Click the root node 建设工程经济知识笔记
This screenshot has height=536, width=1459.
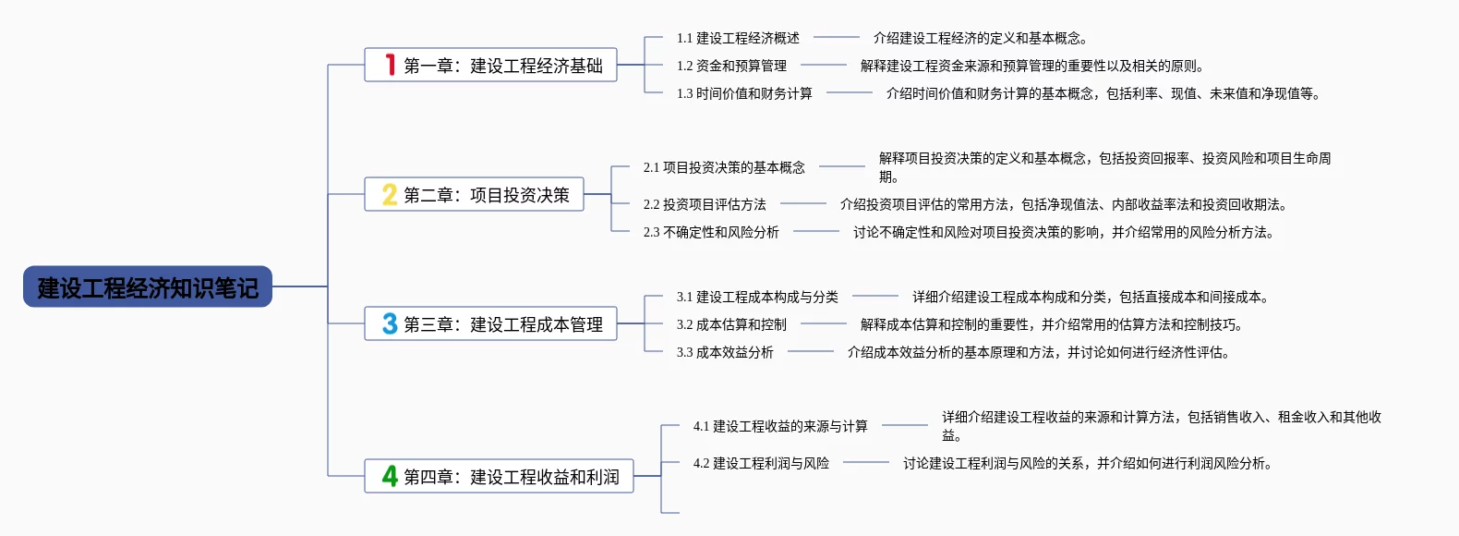[148, 287]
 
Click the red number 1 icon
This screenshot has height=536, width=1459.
[391, 65]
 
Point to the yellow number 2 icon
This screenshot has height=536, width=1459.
[390, 194]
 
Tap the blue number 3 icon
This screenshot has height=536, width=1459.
[390, 323]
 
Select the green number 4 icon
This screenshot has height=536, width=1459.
[390, 476]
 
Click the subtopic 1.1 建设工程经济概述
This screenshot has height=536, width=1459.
[738, 38]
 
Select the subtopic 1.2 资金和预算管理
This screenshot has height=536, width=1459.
[731, 66]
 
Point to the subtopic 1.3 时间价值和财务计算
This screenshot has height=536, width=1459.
[744, 93]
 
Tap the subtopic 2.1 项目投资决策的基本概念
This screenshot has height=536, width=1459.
[724, 167]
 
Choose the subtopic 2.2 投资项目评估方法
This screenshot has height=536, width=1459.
[705, 204]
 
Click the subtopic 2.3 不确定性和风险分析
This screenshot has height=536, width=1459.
[711, 232]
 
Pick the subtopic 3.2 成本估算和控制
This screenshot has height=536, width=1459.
[731, 324]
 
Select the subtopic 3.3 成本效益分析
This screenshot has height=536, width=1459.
[725, 352]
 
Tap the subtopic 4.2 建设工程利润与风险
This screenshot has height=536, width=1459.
[761, 463]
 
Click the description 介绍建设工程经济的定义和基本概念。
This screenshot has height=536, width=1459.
[981, 38]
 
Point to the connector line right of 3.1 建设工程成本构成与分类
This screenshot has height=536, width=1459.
[875, 297]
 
